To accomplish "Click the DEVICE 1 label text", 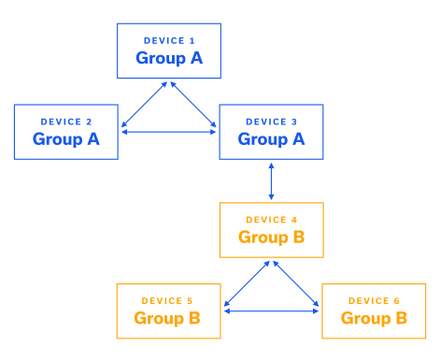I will pos(169,41).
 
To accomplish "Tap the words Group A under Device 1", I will pos(169,58).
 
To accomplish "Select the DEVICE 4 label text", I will pos(271,220).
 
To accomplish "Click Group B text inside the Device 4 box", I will pos(271,238).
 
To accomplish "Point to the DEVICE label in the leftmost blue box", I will pos(65,122).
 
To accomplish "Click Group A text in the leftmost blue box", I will pos(65,139).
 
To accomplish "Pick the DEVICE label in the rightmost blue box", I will pos(271,122).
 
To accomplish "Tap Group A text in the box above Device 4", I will pos(271,139).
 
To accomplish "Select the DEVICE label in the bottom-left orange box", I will pos(167,301).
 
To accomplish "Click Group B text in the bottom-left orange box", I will pos(167,319).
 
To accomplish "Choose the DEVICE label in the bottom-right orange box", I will pos(374,301).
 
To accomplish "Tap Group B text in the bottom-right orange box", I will pos(374,319).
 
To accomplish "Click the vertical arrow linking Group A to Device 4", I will pos(271,180).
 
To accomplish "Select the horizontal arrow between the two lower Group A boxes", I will pos(168,131).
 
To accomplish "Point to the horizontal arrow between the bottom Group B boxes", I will pos(271,310).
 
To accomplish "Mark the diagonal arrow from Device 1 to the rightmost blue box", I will pos(193,106).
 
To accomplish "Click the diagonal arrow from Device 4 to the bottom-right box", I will pos(295,284).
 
